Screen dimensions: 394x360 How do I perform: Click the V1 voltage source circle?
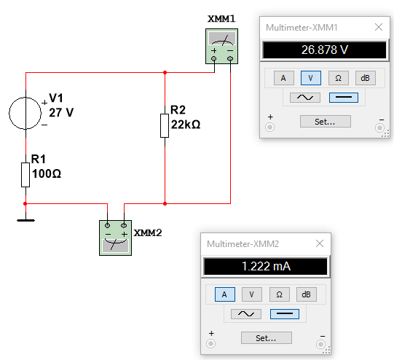point(9,113)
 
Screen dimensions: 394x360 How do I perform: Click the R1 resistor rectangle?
point(25,175)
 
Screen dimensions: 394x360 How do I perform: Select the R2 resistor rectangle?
point(165,125)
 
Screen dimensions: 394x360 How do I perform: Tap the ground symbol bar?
point(26,221)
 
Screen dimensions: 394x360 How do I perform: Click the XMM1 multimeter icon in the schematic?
point(221,46)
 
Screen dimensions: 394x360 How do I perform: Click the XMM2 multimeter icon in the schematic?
point(115,238)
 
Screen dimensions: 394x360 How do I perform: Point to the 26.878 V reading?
point(325,50)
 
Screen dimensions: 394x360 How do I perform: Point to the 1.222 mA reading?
point(266,266)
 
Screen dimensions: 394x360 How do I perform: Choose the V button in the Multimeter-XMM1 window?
point(311,78)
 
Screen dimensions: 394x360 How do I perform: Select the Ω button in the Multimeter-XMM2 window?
point(280,294)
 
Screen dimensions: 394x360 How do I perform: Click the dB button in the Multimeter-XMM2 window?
point(307,294)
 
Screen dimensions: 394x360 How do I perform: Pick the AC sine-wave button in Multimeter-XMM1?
point(305,98)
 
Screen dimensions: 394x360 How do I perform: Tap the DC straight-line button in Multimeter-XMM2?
point(285,314)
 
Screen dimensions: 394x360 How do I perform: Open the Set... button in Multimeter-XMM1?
point(326,122)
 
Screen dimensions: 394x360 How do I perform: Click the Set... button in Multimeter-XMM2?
point(267,337)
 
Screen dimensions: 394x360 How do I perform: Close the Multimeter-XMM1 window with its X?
point(379,27)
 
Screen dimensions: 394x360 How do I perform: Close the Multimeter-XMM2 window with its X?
point(320,243)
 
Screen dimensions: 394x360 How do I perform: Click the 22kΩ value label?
point(186,125)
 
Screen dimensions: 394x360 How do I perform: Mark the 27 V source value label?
point(61,112)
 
